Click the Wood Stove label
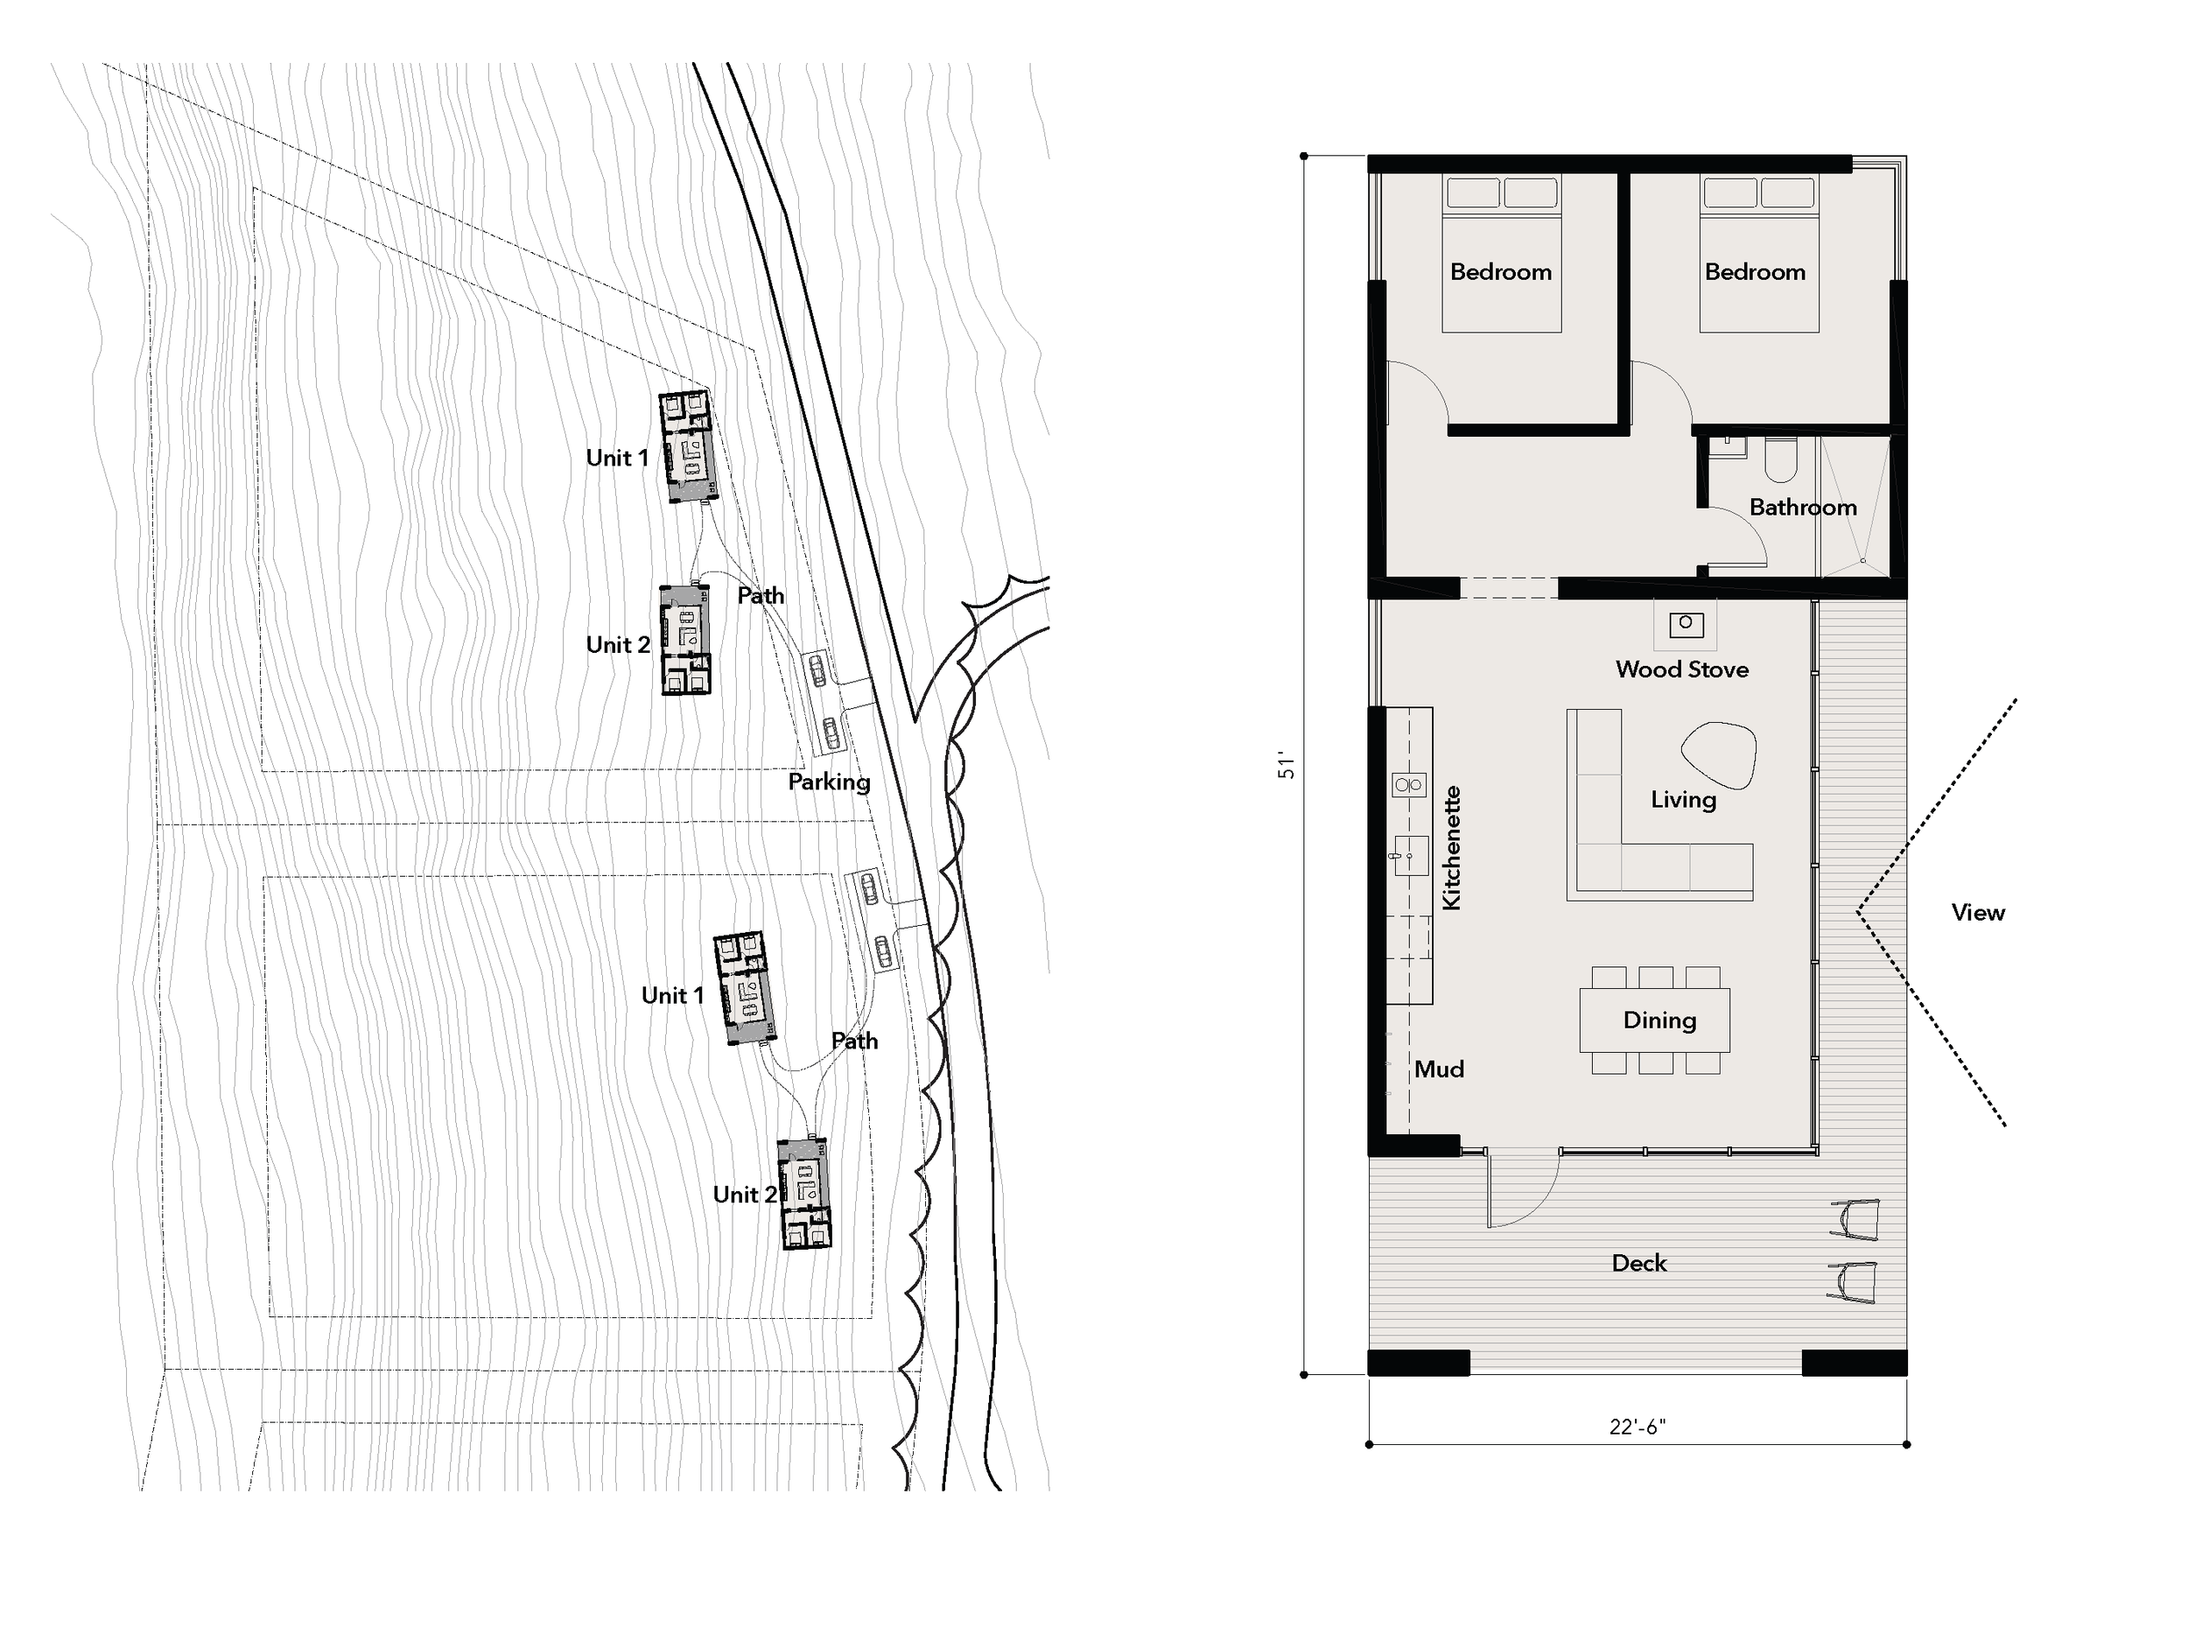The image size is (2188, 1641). tap(1681, 670)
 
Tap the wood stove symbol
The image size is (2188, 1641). tap(1686, 624)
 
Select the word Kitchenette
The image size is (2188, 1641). tap(1451, 848)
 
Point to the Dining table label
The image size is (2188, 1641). tap(1659, 1020)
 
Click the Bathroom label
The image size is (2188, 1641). tap(1802, 508)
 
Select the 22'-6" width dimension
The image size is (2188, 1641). tap(1637, 1427)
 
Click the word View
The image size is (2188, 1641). tap(1977, 913)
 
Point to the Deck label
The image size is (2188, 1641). tap(1638, 1263)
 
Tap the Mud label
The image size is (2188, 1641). tap(1438, 1069)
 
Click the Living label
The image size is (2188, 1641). tap(1682, 799)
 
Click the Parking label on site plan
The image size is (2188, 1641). tap(829, 782)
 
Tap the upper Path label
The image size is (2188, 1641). tap(760, 595)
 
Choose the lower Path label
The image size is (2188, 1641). tap(853, 1041)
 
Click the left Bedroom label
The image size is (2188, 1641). tap(1501, 272)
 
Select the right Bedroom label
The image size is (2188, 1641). tap(1755, 272)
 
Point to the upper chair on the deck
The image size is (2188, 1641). tap(1855, 1220)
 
